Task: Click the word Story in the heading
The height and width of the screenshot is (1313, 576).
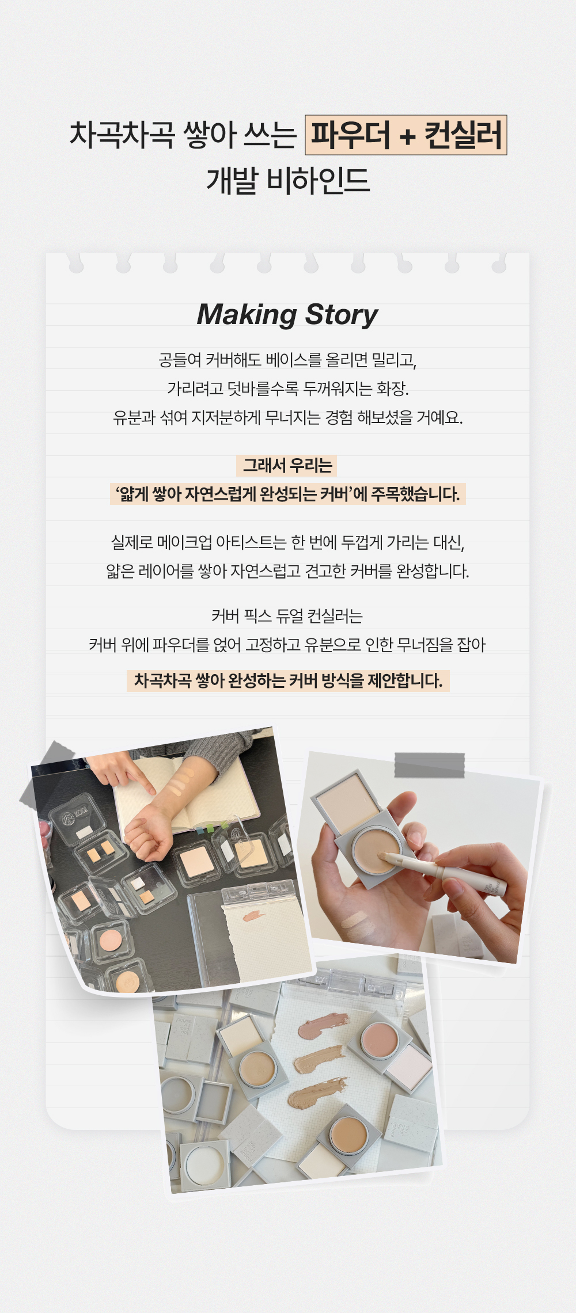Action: tap(342, 315)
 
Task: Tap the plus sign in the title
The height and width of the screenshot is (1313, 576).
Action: tap(407, 136)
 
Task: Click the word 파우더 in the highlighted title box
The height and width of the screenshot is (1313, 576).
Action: tap(351, 135)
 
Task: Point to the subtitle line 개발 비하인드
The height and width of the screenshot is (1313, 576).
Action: tap(288, 180)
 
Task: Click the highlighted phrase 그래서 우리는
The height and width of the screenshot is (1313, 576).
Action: tap(287, 465)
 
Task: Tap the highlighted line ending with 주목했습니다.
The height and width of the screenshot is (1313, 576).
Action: tap(288, 494)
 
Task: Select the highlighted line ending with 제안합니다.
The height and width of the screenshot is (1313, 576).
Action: tap(288, 680)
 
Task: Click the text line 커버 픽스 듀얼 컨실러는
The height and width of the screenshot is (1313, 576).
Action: tap(287, 616)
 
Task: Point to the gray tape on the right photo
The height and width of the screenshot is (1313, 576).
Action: tap(430, 765)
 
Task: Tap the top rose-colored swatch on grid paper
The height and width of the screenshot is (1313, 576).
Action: tap(323, 1025)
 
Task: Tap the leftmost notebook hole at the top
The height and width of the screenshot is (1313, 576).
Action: tap(76, 266)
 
